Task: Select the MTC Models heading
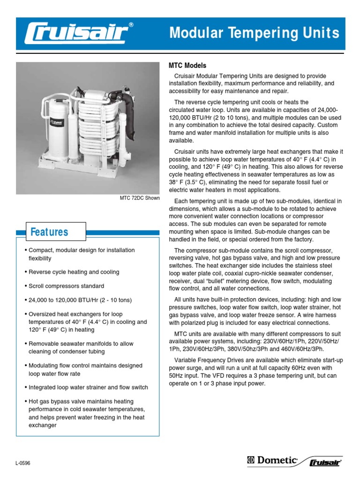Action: pos(187,66)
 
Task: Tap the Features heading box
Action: pos(49,232)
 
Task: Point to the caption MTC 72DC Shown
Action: pos(140,198)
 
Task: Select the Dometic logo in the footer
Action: pos(272,461)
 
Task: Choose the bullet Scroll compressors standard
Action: pos(66,286)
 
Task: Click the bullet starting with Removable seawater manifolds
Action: pos(81,347)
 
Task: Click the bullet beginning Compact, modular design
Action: pos(81,254)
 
